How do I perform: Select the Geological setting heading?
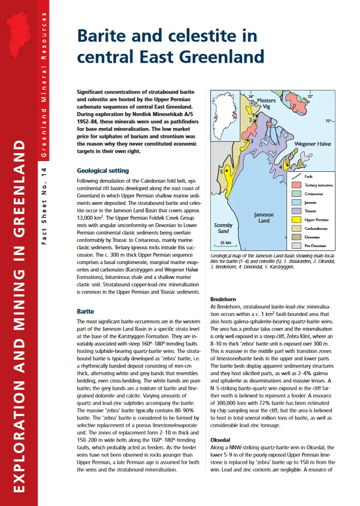click(x=103, y=170)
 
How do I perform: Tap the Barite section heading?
click(x=85, y=311)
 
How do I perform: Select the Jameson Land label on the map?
click(x=263, y=217)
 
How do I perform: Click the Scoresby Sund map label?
click(x=223, y=228)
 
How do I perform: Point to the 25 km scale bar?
click(x=225, y=242)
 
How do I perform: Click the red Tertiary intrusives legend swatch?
click(x=296, y=185)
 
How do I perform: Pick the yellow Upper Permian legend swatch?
click(x=296, y=219)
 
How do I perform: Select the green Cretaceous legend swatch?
click(x=296, y=194)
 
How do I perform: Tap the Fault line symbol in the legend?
click(x=296, y=176)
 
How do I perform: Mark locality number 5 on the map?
click(x=221, y=171)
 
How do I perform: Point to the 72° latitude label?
click(x=328, y=121)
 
